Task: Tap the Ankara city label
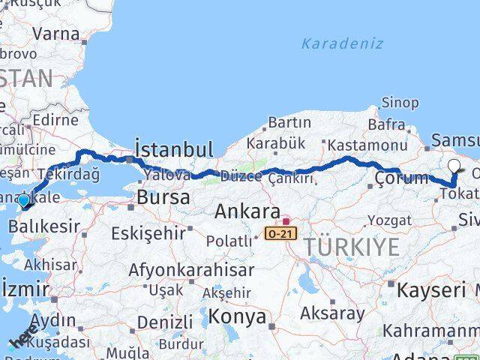tap(247, 211)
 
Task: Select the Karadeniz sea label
tap(342, 43)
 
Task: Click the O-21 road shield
tap(281, 234)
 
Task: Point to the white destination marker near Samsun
tap(454, 166)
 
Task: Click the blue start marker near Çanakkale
tap(24, 200)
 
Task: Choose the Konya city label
tap(237, 316)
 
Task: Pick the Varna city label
tap(56, 34)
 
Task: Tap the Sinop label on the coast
tap(400, 103)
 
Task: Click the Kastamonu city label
tap(367, 145)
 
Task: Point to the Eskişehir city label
tap(148, 233)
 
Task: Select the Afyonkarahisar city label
tap(187, 269)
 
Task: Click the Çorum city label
tap(401, 178)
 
